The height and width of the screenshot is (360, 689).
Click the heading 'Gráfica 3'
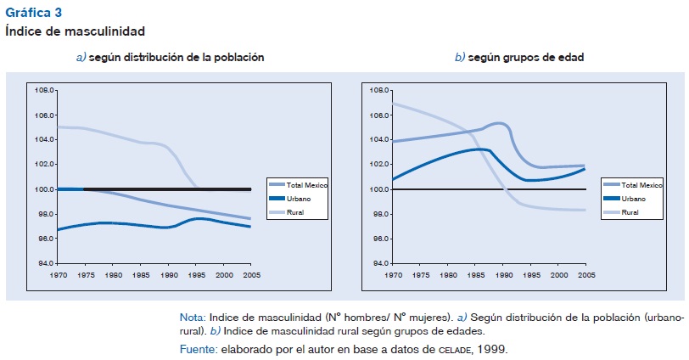[x=33, y=13]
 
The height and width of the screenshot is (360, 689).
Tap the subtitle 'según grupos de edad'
[x=524, y=57]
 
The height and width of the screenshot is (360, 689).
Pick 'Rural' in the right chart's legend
[x=630, y=211]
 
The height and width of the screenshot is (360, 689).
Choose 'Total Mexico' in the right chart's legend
[x=641, y=184]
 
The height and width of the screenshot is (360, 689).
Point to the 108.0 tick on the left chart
[x=44, y=89]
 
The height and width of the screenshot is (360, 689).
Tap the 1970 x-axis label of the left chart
[x=58, y=274]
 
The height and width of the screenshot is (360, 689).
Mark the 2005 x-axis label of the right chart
[x=585, y=274]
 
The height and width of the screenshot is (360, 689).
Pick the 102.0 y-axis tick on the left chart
[x=44, y=164]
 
